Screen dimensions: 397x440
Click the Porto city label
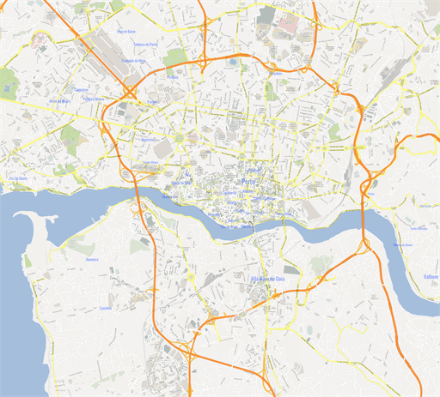pos(249,182)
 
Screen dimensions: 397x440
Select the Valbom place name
pos(431,277)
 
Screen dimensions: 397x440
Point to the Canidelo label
pos(107,308)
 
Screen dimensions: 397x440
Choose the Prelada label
pos(173,76)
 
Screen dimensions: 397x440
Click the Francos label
pos(152,102)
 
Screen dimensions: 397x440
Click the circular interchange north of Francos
pos(131,88)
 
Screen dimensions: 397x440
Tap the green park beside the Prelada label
pos(175,58)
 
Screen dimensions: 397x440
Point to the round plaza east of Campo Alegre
pos(180,137)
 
